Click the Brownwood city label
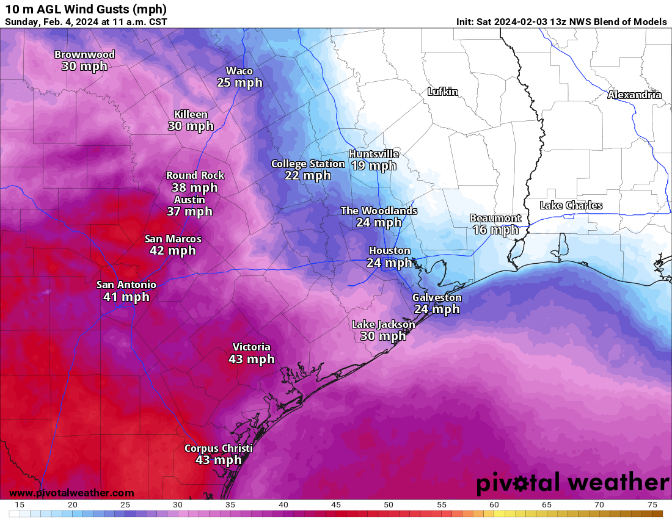[x=84, y=54]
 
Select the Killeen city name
[x=191, y=114]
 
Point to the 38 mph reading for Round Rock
[x=195, y=187]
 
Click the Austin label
[x=189, y=200]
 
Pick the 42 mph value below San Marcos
[x=173, y=250]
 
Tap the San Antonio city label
[x=126, y=285]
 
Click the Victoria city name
[x=251, y=347]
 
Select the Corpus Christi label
[x=219, y=448]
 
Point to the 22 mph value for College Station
[x=308, y=176]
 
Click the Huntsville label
[x=374, y=154]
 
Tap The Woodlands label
[x=379, y=211]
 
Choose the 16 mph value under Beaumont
[x=495, y=230]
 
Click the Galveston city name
[x=437, y=297]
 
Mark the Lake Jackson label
[x=383, y=324]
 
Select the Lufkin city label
[x=442, y=92]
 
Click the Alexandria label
[x=634, y=95]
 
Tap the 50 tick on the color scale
[x=389, y=504]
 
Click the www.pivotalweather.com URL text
[x=71, y=493]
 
